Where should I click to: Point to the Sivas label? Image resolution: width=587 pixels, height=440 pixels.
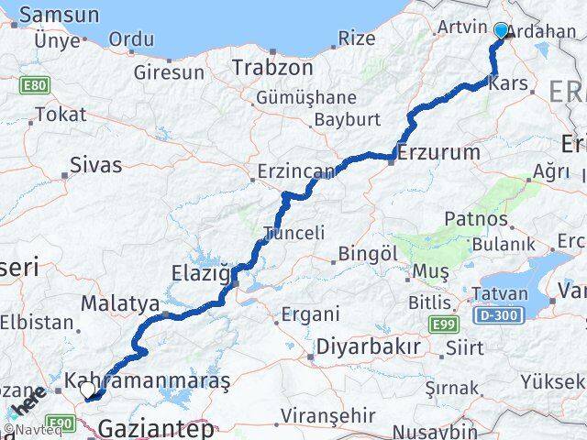point(97,165)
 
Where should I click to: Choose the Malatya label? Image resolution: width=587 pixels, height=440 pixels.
point(120,303)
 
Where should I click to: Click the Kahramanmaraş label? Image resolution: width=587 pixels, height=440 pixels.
point(148,379)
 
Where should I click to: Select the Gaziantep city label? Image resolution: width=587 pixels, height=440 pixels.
point(156,427)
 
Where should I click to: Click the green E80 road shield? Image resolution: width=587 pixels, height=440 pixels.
point(35,85)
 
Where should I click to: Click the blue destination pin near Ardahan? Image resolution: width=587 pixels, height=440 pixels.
point(501,31)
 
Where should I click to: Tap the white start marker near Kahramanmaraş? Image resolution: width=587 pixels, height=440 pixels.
point(87,390)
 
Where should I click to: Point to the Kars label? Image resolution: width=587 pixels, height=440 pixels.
point(510,83)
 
